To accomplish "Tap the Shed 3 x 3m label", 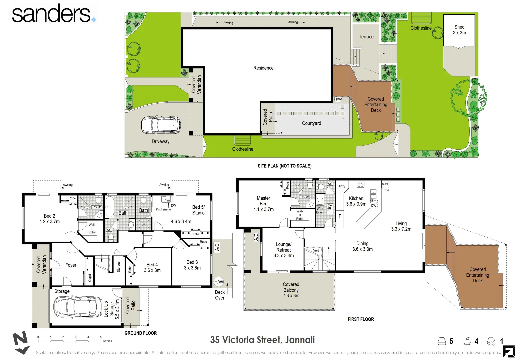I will click(459, 30).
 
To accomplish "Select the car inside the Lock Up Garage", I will click(78, 306).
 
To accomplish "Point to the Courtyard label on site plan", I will click(311, 123).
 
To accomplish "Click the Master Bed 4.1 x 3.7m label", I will click(263, 204).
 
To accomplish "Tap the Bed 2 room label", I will click(49, 219).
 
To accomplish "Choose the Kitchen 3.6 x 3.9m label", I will click(356, 201).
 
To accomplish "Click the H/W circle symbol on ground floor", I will click(219, 282).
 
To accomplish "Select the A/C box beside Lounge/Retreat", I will click(256, 237).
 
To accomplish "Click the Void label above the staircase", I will click(316, 251).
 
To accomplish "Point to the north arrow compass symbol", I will click(21, 343).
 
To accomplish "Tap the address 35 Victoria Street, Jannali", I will click(262, 340).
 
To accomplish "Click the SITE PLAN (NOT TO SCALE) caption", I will click(284, 166).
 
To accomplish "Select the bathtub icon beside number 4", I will click(467, 341).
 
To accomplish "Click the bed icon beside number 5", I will click(441, 341).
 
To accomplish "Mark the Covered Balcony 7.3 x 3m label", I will click(291, 290).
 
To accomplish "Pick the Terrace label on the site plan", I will click(366, 37).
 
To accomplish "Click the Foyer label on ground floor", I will click(71, 265).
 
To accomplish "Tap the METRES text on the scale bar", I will click(108, 341).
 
